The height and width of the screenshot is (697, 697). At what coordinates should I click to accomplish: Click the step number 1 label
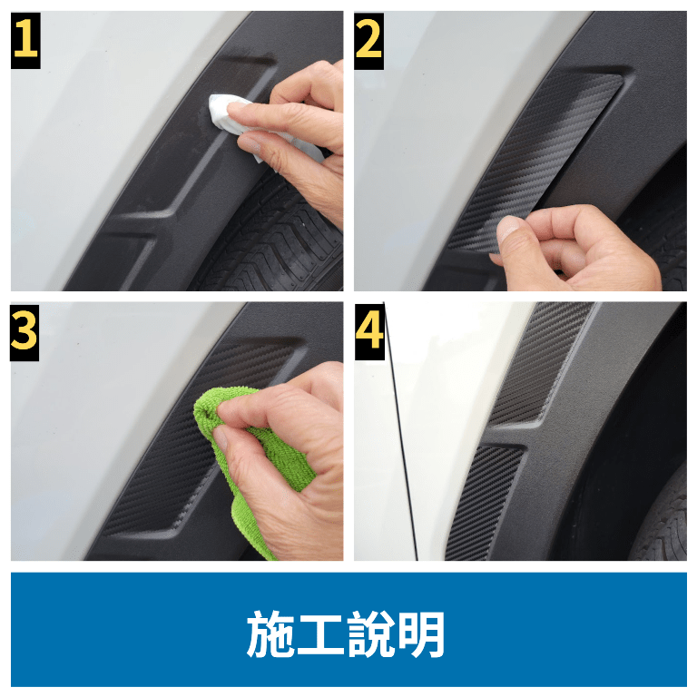coord(25,41)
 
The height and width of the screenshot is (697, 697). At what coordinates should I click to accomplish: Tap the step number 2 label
coord(369,41)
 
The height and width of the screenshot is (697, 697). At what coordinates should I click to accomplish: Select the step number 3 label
coord(25,332)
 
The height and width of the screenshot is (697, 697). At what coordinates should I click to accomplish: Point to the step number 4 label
coord(369,331)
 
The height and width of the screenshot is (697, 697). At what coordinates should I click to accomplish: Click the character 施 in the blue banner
coord(270,633)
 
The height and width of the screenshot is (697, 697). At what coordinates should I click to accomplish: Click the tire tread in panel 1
coord(276,240)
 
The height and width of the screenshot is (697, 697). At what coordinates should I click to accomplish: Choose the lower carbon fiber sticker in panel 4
coord(485,502)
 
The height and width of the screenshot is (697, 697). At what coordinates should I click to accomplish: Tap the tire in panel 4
coord(663,520)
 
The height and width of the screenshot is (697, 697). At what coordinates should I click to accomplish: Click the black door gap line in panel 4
coord(400,431)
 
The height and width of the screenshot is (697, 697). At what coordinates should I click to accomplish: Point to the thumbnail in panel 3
coord(220,438)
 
